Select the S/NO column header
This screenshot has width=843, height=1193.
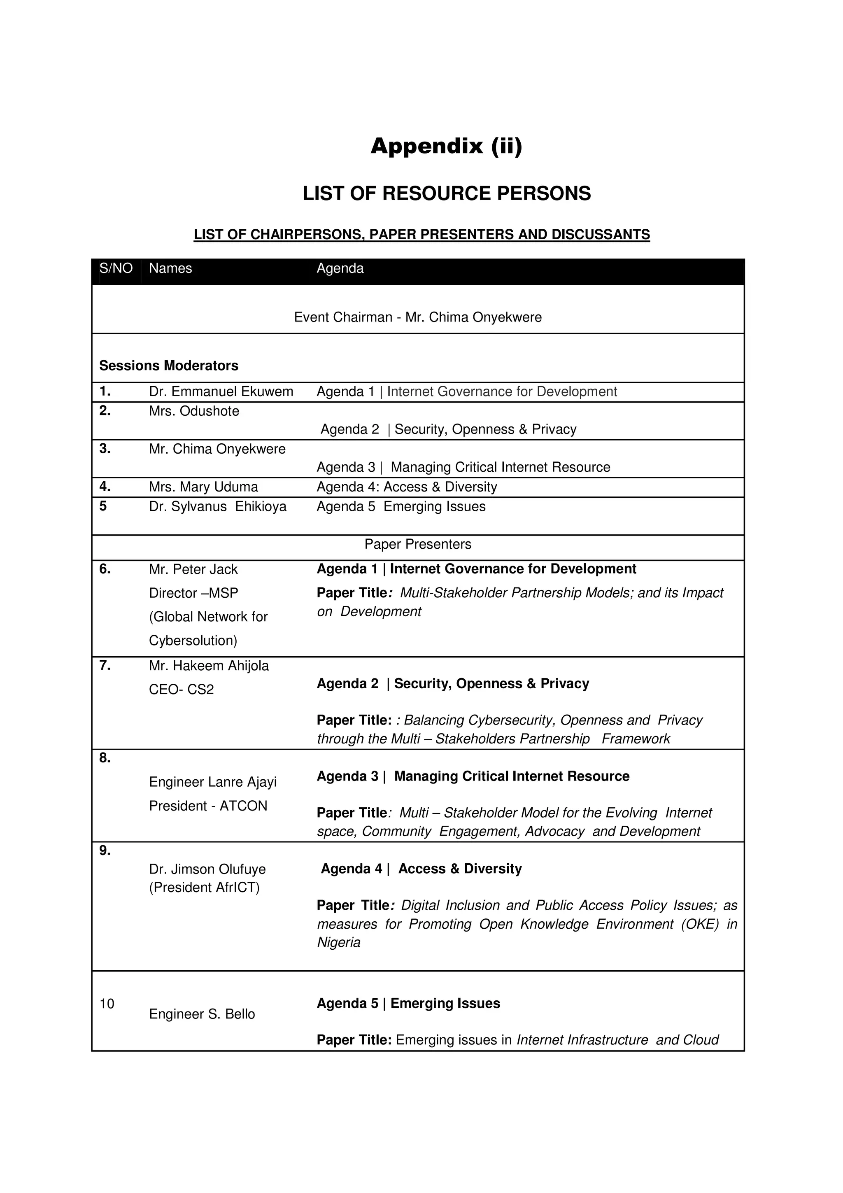click(x=116, y=269)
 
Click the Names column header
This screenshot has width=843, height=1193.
click(x=170, y=269)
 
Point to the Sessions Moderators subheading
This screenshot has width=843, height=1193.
click(x=168, y=366)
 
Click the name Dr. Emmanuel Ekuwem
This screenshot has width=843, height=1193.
click(x=221, y=392)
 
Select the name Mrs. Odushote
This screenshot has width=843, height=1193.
click(x=194, y=412)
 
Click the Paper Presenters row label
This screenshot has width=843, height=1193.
click(x=418, y=545)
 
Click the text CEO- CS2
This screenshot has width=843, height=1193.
click(x=181, y=690)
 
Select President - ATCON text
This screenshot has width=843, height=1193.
click(x=208, y=806)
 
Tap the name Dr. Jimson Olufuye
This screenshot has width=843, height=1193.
click(x=207, y=869)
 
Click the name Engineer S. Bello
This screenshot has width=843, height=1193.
click(x=202, y=1014)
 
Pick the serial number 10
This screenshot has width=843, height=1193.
click(x=107, y=1004)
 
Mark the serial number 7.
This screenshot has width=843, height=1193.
click(x=105, y=666)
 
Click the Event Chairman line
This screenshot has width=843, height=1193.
click(x=418, y=317)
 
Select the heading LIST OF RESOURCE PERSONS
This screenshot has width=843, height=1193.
click(x=446, y=194)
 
